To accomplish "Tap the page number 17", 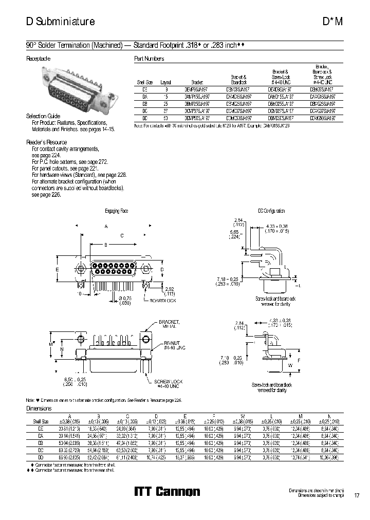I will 357,496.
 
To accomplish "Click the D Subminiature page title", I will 60,22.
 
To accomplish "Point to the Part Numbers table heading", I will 149,59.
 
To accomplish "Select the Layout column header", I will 165,82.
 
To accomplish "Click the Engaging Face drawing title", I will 116,211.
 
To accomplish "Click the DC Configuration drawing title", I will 271,211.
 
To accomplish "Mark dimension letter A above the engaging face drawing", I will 106,226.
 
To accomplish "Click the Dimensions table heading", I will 39,408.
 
